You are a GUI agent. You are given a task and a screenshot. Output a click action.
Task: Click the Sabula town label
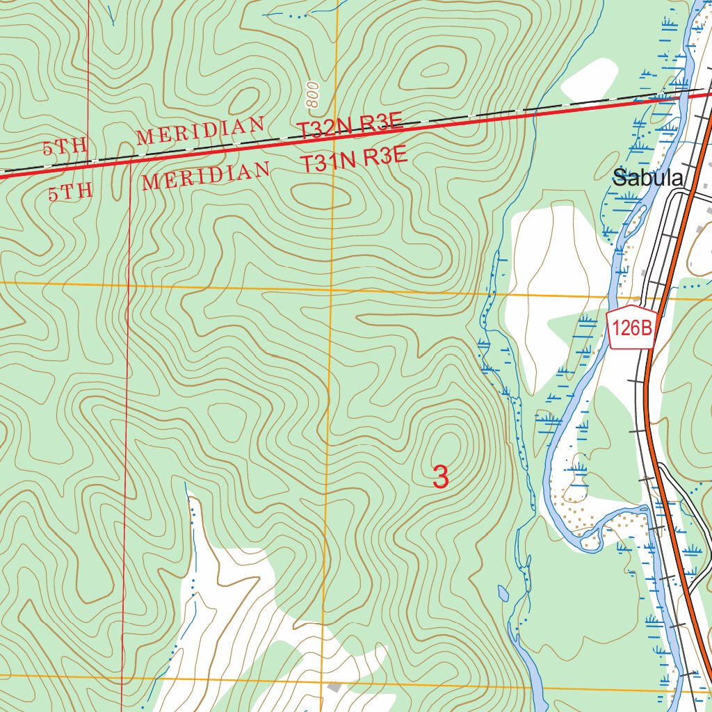(647, 177)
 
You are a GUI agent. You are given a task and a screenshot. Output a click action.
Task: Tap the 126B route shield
(632, 327)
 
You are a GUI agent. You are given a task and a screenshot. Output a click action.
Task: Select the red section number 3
(440, 478)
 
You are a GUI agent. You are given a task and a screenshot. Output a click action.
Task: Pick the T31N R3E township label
(353, 161)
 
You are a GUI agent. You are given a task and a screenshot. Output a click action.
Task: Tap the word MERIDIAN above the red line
(200, 131)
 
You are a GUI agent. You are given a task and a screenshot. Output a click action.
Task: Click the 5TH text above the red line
(65, 147)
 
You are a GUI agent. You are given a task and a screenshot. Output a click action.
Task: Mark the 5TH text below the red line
(70, 191)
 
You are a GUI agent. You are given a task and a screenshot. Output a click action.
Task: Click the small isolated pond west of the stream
(503, 593)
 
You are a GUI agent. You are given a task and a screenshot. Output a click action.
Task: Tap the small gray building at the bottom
(334, 687)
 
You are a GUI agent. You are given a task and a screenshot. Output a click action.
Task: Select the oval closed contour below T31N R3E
(319, 194)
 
